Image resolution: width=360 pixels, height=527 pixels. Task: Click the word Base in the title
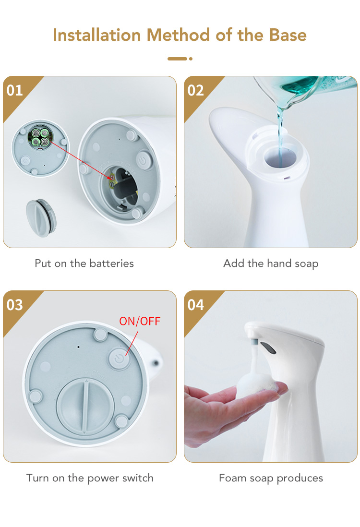click(288, 35)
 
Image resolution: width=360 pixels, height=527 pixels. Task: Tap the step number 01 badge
click(15, 90)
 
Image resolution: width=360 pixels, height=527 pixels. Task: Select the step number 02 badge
click(196, 90)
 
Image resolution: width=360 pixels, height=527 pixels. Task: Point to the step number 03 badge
click(15, 305)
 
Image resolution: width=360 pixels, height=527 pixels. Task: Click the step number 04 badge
click(196, 305)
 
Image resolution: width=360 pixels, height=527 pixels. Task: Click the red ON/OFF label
click(140, 321)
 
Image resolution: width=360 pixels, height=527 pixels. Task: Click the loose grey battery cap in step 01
click(41, 218)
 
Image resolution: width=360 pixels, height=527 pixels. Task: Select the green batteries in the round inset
click(40, 137)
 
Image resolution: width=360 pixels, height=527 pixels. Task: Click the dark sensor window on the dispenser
click(268, 348)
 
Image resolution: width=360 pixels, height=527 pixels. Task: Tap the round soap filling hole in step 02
click(280, 158)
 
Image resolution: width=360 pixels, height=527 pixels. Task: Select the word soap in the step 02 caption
click(306, 263)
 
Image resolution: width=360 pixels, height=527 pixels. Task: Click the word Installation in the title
click(97, 35)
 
